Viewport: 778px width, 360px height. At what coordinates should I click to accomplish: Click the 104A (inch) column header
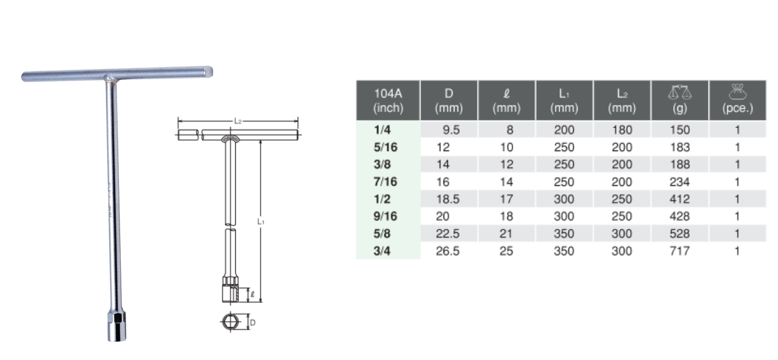pos(388,101)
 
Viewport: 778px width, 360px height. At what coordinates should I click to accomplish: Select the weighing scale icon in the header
pos(680,93)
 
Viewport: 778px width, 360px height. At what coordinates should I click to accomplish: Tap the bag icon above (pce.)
pos(738,91)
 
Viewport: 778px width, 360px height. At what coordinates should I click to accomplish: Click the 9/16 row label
pos(385,216)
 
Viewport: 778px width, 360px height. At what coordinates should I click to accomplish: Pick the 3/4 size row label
pos(382,250)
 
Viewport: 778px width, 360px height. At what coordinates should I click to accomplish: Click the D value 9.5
pos(451,130)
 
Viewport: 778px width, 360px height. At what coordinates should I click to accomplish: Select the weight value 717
pos(679,250)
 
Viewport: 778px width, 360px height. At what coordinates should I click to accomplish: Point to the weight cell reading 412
pos(679,199)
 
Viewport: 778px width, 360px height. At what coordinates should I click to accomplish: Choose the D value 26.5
pos(448,250)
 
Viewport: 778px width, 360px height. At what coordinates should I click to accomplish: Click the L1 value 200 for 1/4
pos(564,130)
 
